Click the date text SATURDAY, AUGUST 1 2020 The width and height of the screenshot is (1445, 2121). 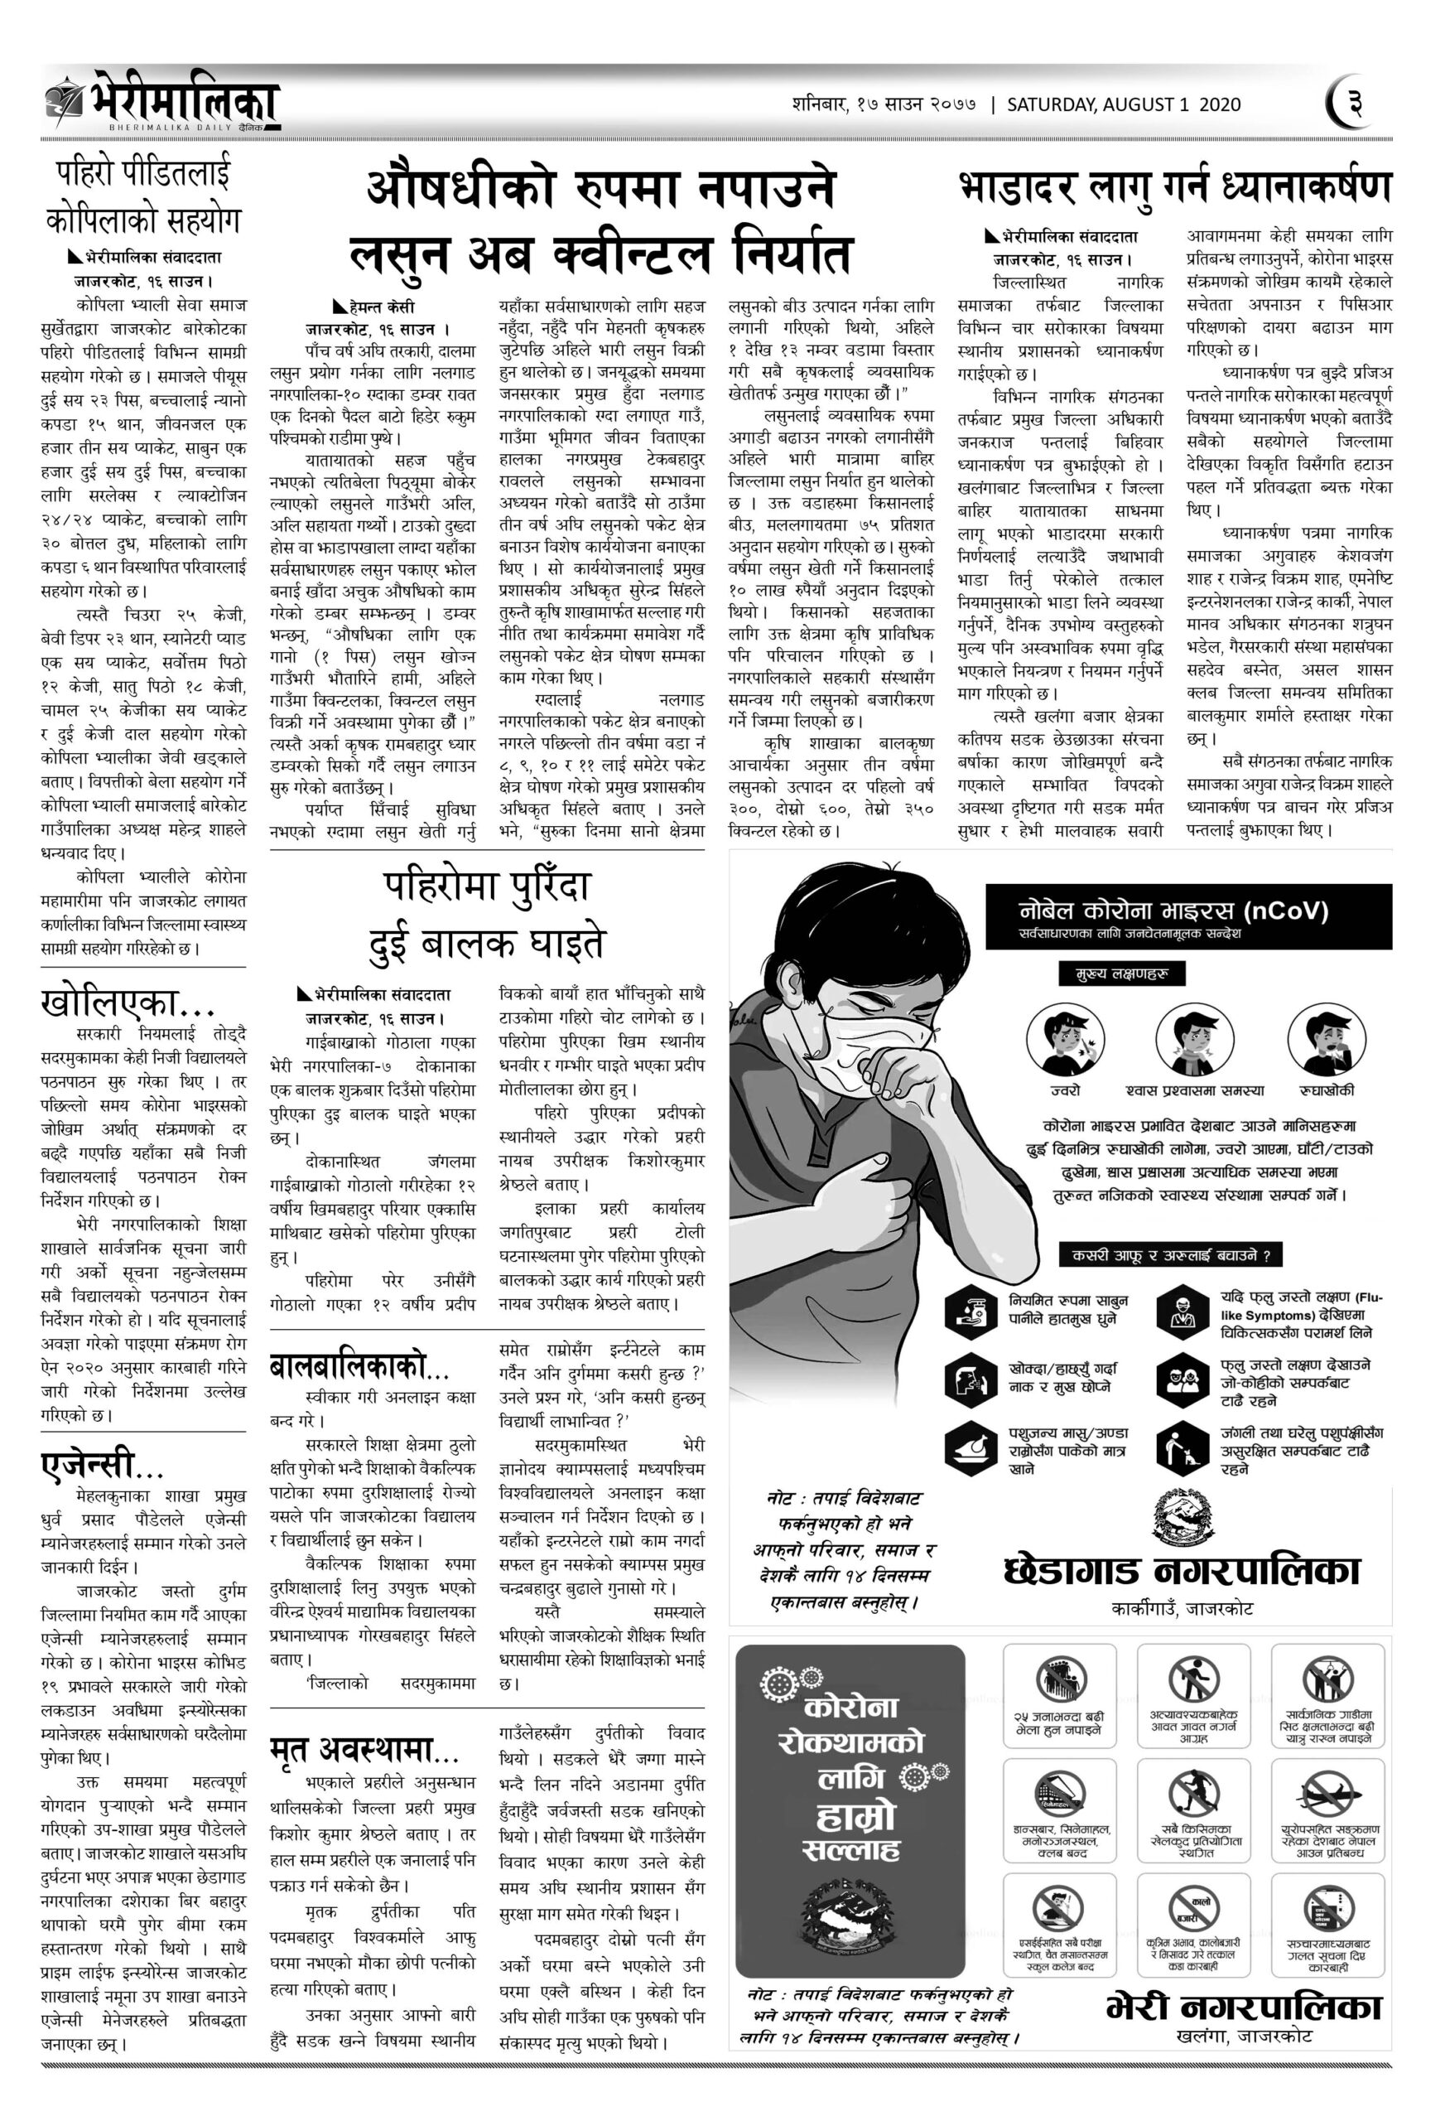coord(1123,104)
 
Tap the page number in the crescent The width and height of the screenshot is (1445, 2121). coord(1354,103)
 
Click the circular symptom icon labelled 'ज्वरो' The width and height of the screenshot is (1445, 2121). coord(1057,1041)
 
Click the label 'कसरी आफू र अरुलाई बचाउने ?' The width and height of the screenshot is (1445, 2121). coord(1170,1256)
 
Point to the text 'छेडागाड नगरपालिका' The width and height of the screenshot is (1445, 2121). coord(1182,1572)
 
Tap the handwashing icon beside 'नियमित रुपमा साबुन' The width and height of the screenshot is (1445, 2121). coord(971,1311)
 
